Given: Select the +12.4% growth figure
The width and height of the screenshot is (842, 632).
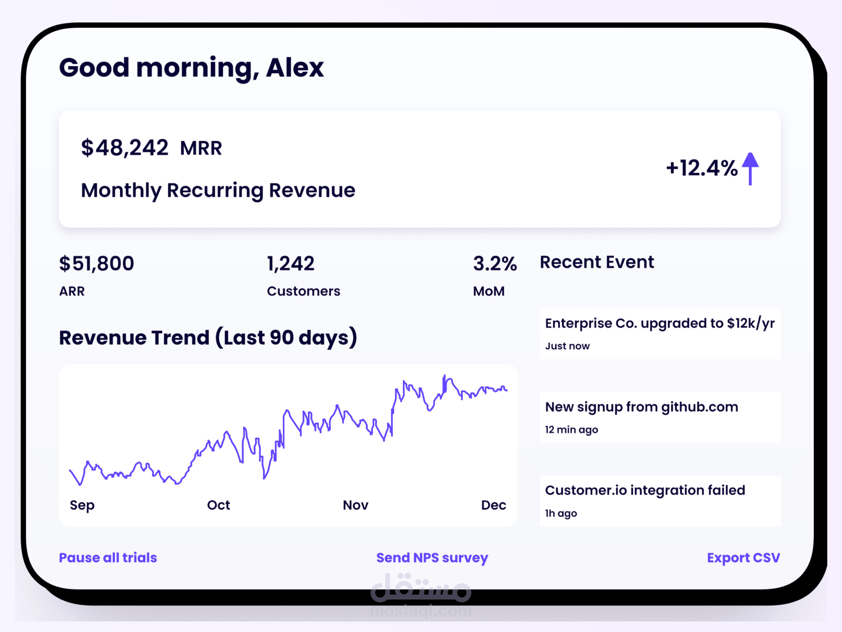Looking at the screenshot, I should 702,168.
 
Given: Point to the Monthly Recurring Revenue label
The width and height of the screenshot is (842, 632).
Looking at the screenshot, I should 218,190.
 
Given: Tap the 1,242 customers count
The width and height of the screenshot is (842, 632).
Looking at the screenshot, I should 291,264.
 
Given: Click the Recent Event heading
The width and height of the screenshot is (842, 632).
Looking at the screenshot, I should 597,262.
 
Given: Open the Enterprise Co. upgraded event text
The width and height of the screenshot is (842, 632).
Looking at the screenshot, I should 659,324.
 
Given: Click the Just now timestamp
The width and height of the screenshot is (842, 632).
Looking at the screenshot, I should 567,346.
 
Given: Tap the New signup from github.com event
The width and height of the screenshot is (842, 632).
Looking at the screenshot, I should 641,407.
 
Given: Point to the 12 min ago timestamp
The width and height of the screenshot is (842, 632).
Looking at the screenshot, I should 571,430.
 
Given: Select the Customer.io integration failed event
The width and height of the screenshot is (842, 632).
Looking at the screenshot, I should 645,490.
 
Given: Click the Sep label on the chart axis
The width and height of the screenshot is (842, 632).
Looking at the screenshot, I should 82,505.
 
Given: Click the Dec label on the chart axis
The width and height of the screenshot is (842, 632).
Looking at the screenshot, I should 493,505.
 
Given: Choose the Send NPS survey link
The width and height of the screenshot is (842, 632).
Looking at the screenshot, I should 432,558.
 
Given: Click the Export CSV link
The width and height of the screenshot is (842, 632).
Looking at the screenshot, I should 743,558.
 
